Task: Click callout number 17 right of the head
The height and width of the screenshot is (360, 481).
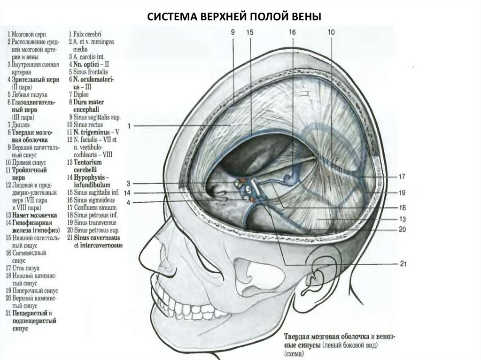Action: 402,177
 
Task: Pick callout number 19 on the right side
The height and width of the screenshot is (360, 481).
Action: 402,192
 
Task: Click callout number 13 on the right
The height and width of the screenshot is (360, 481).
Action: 402,219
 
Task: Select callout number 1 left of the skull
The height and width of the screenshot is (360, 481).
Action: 129,126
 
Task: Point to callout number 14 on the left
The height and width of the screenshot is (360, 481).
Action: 127,193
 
